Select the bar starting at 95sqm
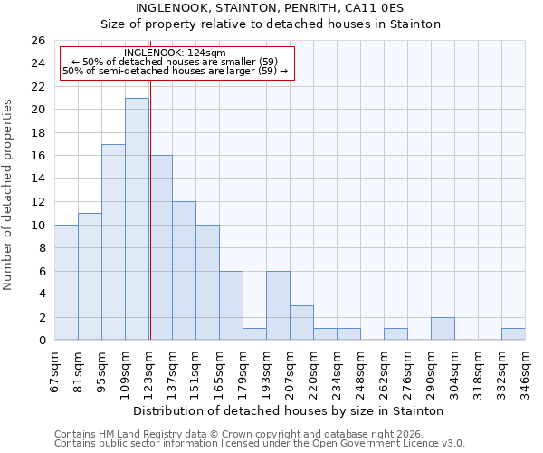point(113,242)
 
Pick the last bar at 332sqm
point(513,334)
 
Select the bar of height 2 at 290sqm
point(443,329)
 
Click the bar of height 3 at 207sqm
point(301,323)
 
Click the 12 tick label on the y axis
point(37,202)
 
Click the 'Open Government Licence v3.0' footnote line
point(260,443)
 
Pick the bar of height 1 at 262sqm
point(395,334)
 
